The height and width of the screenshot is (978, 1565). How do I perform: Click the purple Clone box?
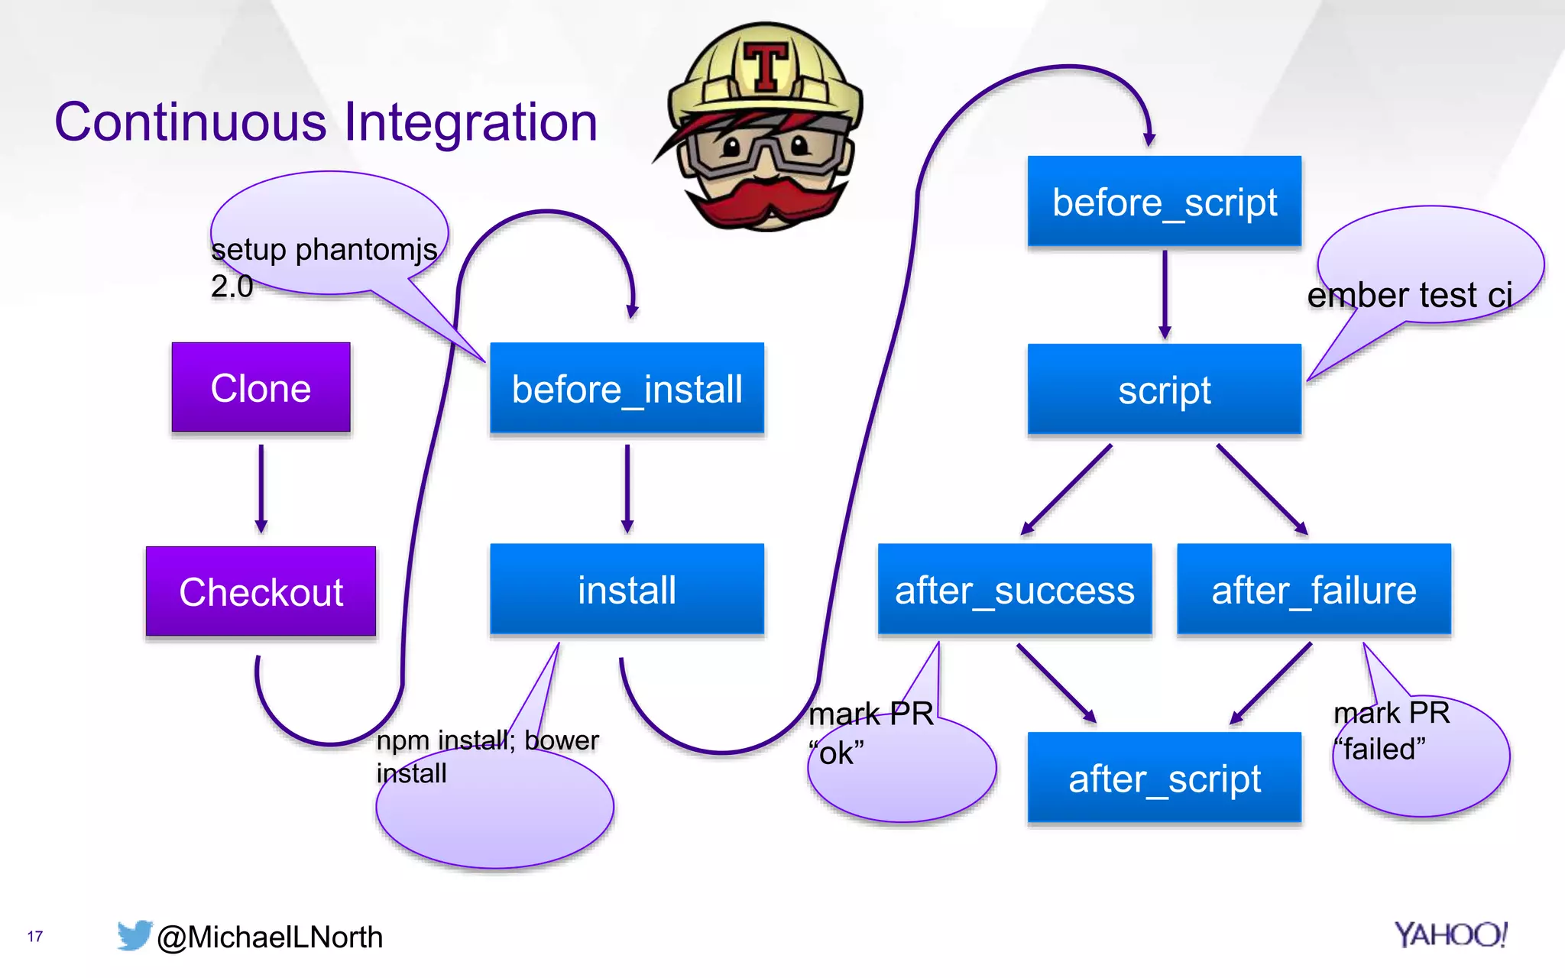(x=261, y=387)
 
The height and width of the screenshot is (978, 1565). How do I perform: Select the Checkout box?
(x=261, y=591)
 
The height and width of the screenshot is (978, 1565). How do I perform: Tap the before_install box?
(x=627, y=388)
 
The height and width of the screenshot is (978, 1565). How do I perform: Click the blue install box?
(x=627, y=590)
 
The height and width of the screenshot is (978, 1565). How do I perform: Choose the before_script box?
(x=1164, y=202)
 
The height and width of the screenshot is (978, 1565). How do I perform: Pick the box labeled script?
(x=1164, y=390)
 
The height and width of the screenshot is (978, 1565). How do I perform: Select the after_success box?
(x=1014, y=590)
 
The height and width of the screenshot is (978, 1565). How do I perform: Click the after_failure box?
(x=1314, y=590)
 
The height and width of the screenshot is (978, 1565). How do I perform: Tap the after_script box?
(x=1164, y=778)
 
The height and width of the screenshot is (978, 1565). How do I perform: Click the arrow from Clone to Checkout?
(x=261, y=489)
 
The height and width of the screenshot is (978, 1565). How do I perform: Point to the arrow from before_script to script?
(x=1165, y=294)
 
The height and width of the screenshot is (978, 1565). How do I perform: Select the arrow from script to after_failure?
(x=1261, y=489)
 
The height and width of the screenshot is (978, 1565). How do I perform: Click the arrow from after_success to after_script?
(x=1055, y=682)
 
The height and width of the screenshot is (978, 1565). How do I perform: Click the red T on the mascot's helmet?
(x=766, y=66)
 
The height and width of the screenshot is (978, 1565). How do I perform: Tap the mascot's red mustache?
(x=764, y=200)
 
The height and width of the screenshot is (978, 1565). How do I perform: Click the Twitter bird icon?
(x=134, y=935)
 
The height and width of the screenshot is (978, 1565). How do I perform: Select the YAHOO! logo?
(x=1450, y=934)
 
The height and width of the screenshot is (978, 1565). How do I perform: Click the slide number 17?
(x=35, y=936)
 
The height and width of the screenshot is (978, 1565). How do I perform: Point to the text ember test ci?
(x=1409, y=295)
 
